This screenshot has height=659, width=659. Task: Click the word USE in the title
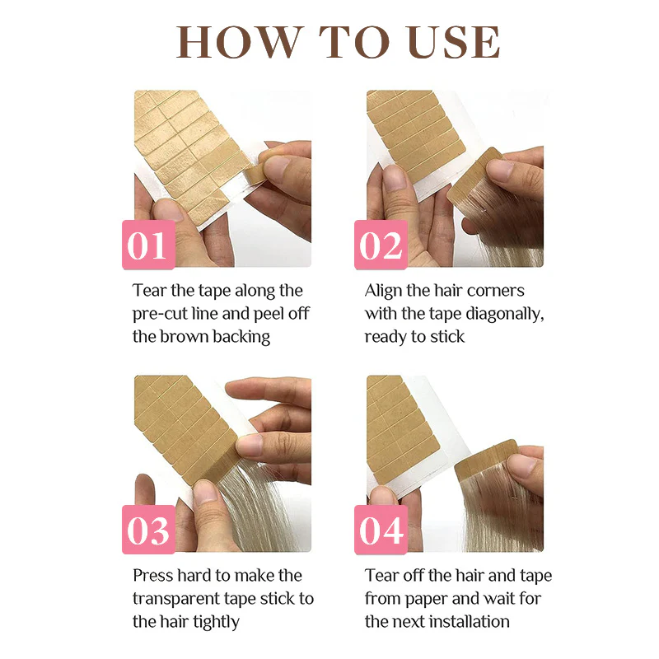[455, 42]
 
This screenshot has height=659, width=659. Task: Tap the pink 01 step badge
[148, 245]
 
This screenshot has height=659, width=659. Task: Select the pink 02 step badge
[381, 245]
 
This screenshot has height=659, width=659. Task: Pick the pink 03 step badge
[148, 530]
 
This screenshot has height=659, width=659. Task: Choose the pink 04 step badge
[381, 530]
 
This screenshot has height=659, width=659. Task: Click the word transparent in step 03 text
[176, 599]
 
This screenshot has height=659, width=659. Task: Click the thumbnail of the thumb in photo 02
[395, 177]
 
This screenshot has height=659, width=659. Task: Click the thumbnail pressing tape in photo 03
[249, 446]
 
